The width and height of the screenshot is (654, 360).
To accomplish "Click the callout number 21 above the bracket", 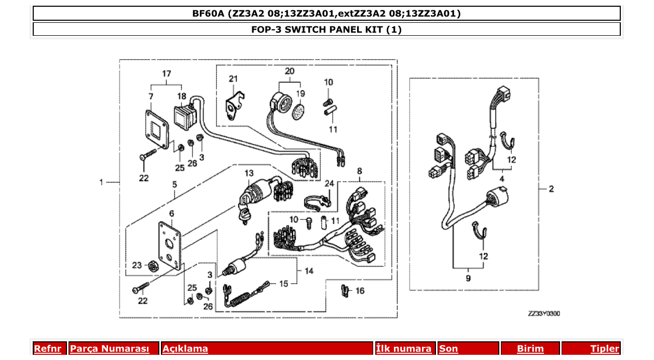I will (233, 78).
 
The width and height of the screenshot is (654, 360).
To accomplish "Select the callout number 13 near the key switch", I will (250, 173).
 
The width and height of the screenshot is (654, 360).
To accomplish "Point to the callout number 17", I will (166, 74).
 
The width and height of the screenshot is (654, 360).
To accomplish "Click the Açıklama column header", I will (185, 349).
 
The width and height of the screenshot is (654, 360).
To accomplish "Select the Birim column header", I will (530, 349).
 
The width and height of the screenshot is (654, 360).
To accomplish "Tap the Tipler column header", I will (605, 349).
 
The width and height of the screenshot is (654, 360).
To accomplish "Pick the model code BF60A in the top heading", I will (207, 13).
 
